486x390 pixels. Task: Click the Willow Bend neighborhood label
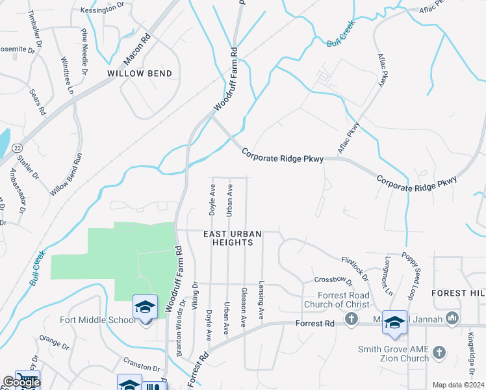tap(140, 74)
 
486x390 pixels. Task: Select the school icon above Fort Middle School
tap(146, 306)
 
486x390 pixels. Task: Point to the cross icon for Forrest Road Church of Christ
tap(352, 318)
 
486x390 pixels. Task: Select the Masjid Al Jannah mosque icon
tap(453, 318)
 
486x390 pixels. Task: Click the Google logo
tap(21, 382)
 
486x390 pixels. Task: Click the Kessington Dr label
tap(102, 10)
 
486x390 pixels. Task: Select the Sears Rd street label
tap(38, 103)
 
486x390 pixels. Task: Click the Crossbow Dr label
tap(328, 279)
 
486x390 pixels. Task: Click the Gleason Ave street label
tap(244, 307)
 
